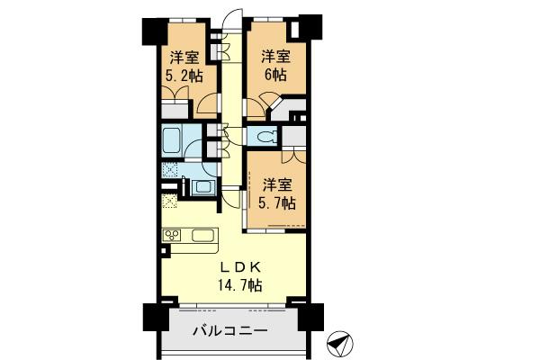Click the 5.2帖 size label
(x=183, y=76)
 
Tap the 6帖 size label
(x=274, y=76)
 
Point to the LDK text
(x=238, y=266)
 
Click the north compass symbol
(x=339, y=343)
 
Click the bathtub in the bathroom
(x=174, y=140)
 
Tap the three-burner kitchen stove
(x=173, y=236)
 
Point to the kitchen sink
(x=202, y=236)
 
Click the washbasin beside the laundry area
(x=202, y=187)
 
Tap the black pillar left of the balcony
(x=154, y=319)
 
